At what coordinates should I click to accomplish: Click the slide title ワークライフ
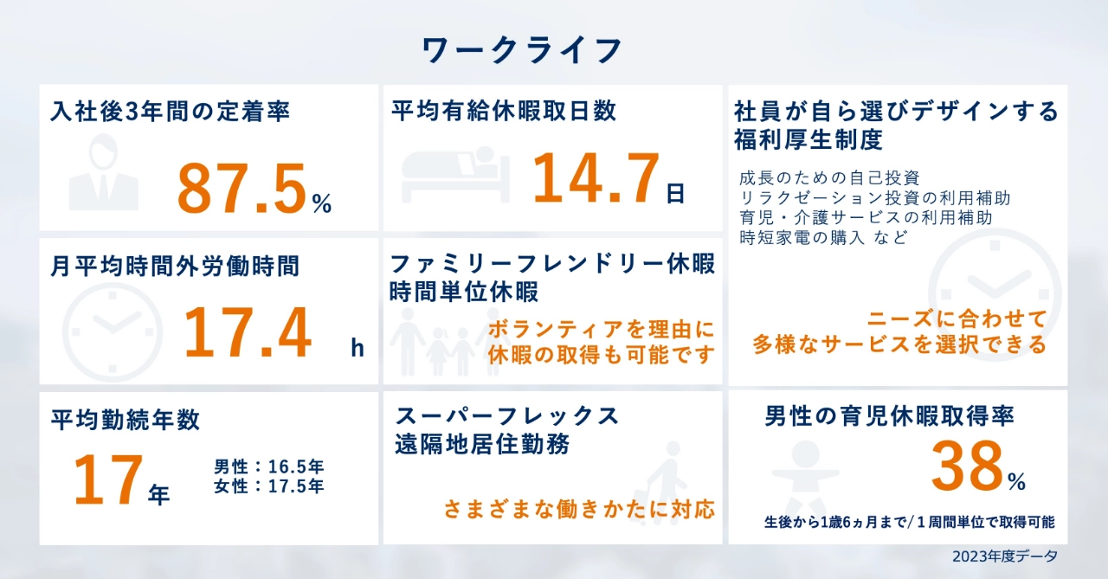[x=521, y=50]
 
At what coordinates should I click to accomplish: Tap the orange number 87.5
[x=242, y=190]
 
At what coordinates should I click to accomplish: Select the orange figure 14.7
[x=596, y=178]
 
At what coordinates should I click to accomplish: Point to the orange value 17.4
[x=248, y=332]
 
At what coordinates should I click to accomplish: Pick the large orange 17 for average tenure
[x=108, y=479]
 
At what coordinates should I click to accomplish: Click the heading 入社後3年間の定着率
[x=170, y=112]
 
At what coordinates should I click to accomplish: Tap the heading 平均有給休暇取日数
[x=504, y=111]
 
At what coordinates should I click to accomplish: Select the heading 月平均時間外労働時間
[x=175, y=266]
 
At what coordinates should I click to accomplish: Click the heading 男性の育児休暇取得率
[x=889, y=416]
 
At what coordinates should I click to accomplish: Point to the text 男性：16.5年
[x=268, y=466]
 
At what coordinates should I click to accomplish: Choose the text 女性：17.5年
[x=268, y=486]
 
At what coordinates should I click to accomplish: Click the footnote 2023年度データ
[x=1005, y=556]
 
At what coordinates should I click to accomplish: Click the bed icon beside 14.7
[x=455, y=174]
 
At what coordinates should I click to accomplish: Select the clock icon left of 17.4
[x=113, y=332]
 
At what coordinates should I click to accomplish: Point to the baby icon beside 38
[x=805, y=477]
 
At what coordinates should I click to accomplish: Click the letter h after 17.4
[x=358, y=348]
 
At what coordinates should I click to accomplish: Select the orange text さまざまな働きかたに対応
[x=579, y=509]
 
